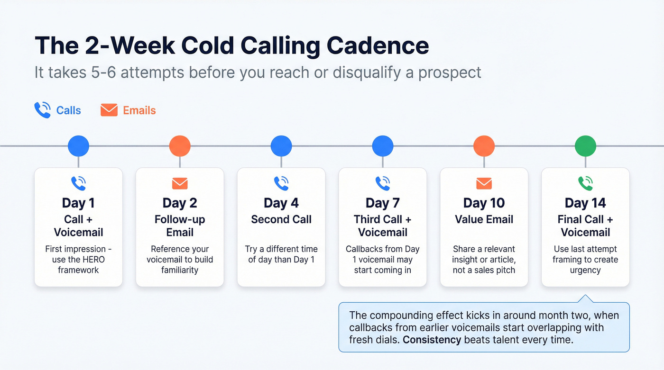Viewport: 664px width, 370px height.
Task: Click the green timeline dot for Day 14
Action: [585, 146]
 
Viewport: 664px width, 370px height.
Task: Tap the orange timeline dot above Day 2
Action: [180, 146]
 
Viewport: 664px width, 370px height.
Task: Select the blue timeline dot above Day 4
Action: [281, 146]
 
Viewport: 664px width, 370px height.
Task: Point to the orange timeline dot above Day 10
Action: [484, 146]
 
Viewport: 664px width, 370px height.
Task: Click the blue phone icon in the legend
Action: [43, 110]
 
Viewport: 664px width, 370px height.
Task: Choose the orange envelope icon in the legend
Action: [109, 110]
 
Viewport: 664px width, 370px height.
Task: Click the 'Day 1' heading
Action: [78, 203]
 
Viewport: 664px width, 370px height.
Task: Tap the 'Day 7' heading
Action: [383, 203]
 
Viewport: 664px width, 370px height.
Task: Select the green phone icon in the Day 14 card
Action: [585, 183]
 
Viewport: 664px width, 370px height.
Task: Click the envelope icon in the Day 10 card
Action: [484, 183]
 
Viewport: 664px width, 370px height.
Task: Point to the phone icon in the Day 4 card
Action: [281, 183]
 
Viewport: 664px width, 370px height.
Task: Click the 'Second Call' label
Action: [281, 219]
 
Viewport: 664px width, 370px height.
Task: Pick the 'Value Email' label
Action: [484, 219]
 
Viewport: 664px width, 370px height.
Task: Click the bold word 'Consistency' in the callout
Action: [433, 339]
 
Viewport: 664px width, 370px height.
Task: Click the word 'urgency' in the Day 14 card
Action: [585, 271]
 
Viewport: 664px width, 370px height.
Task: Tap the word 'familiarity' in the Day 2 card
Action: [180, 271]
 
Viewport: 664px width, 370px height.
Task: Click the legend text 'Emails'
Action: [139, 110]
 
